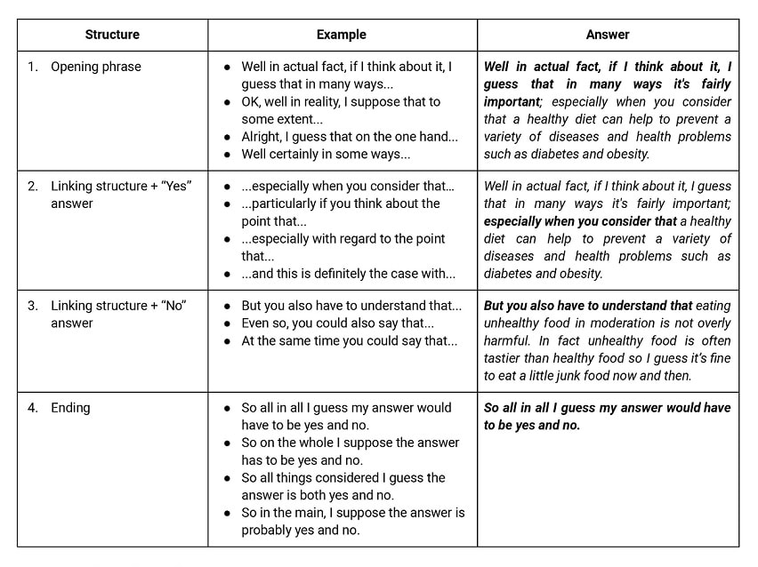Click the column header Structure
112,35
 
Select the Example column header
342,35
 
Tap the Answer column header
608,35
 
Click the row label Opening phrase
96,67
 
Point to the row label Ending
70,408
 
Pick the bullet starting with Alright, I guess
350,137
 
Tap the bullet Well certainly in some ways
326,154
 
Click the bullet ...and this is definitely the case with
348,274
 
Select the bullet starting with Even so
337,323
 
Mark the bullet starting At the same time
350,340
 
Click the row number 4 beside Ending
32,408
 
